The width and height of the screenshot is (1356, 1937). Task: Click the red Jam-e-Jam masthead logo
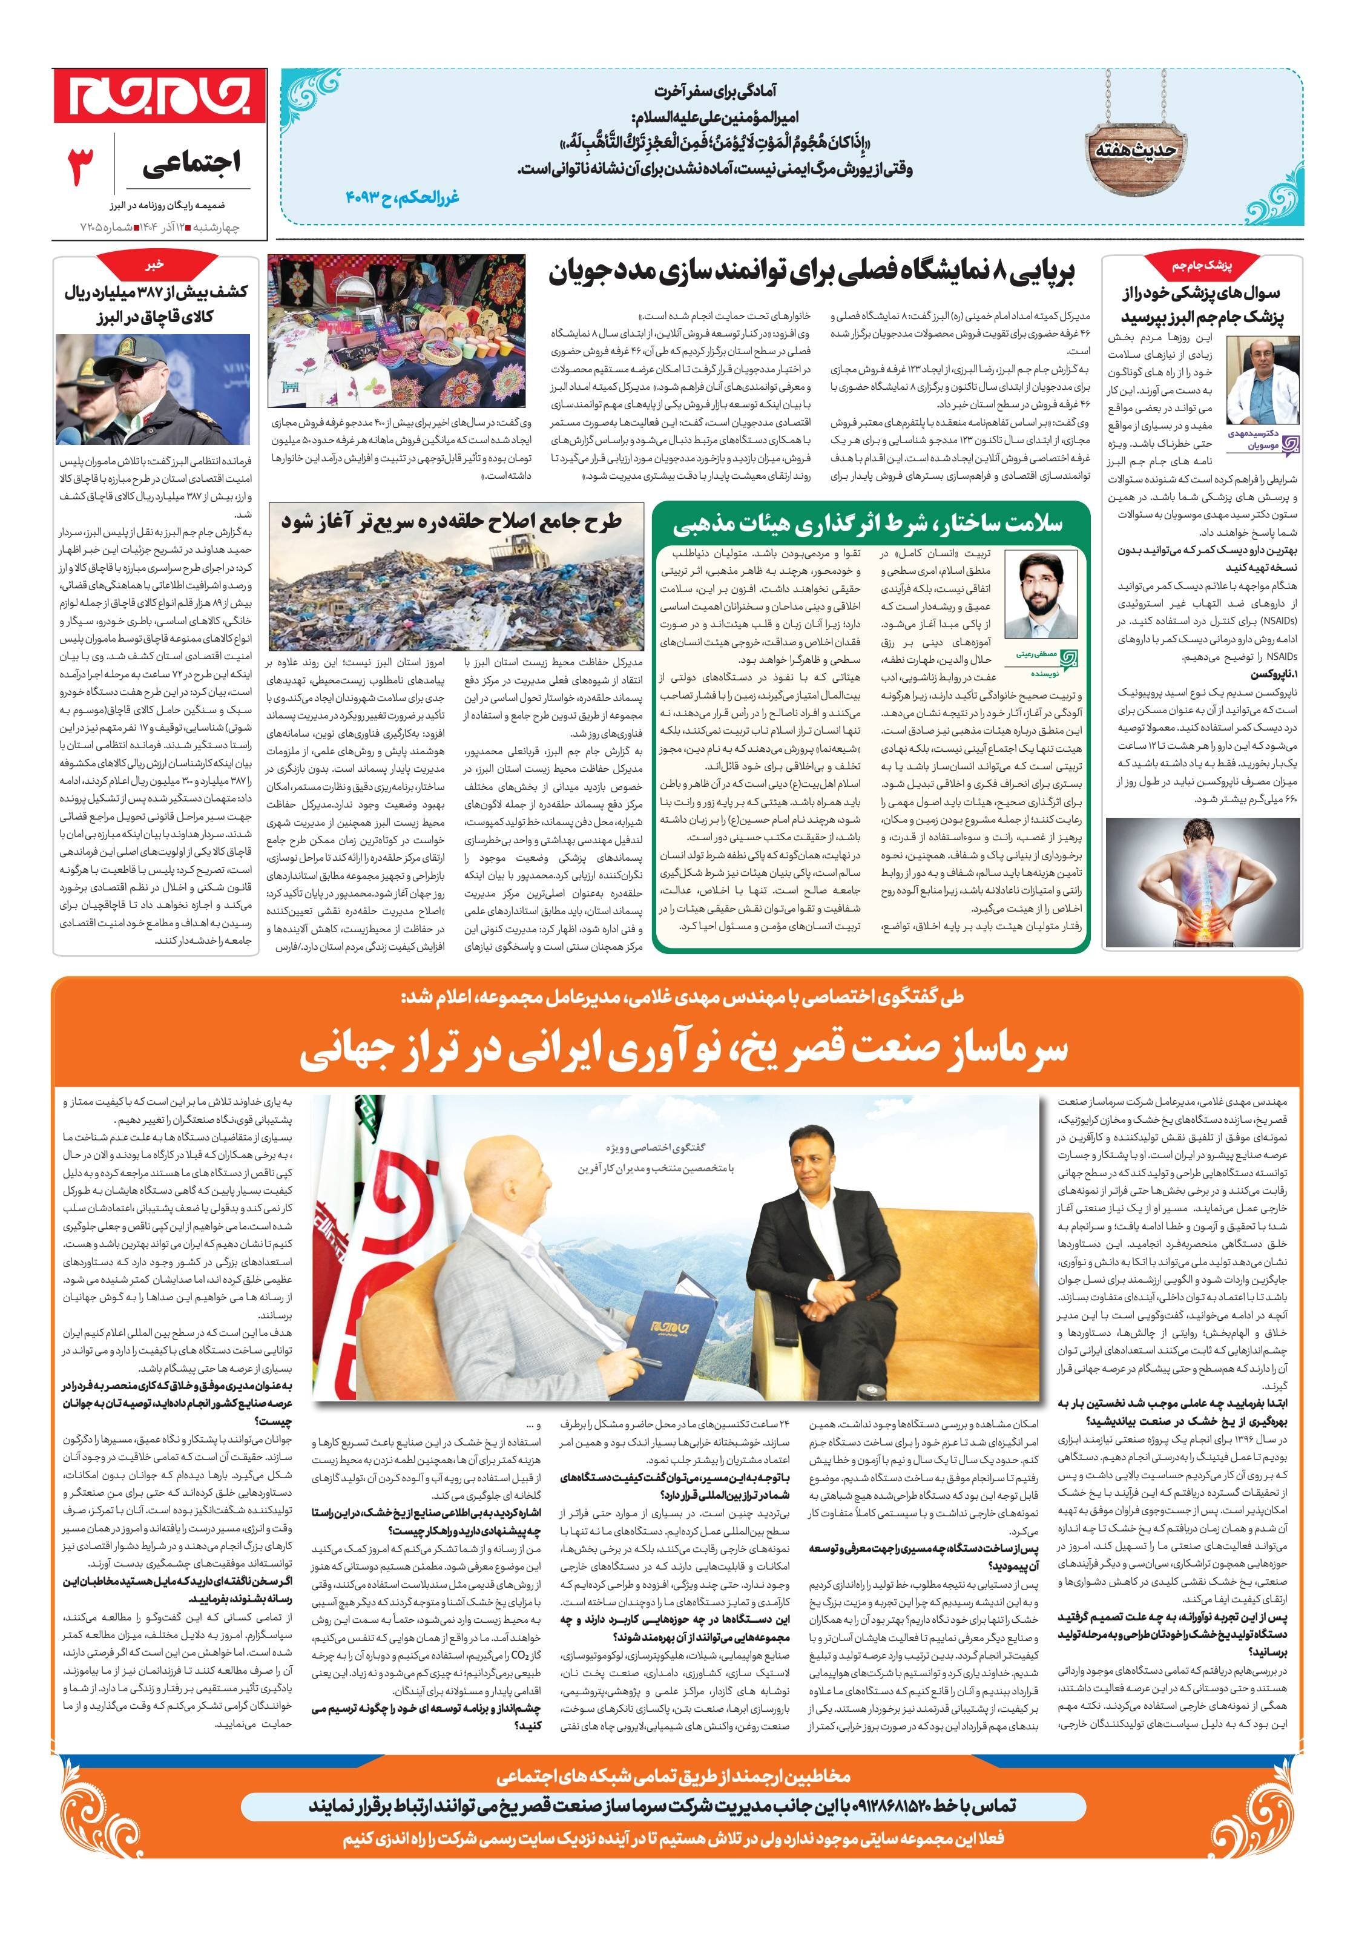point(159,95)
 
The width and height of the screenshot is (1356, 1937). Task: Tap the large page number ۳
point(81,166)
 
